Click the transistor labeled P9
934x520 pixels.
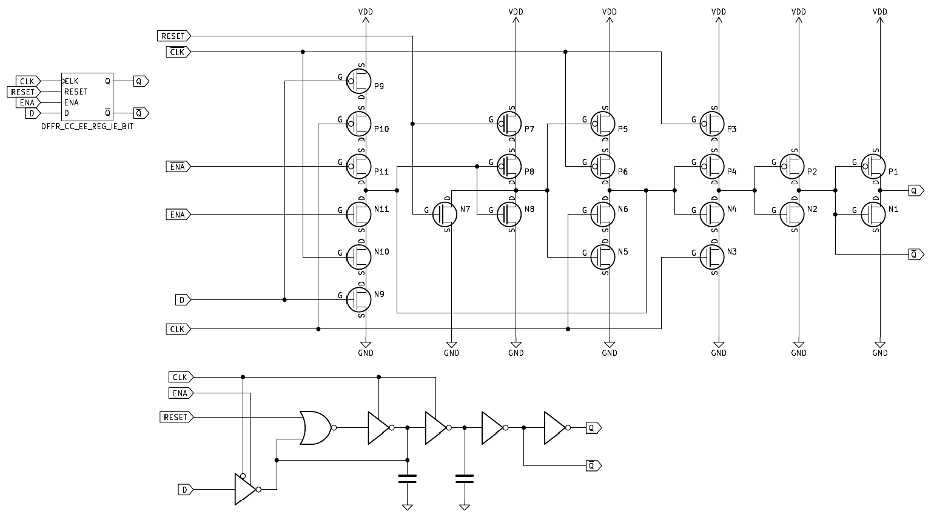(x=359, y=81)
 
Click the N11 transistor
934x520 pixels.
(x=359, y=215)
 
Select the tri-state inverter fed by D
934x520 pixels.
(x=245, y=489)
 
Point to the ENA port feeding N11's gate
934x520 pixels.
(x=178, y=215)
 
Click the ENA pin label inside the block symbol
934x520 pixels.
(x=72, y=102)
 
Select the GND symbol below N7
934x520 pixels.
(x=452, y=348)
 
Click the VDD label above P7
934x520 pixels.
(x=516, y=12)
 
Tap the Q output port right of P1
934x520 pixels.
(x=916, y=190)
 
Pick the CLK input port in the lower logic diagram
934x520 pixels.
(x=180, y=377)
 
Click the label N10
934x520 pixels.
(x=382, y=252)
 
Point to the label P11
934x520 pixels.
(x=381, y=172)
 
